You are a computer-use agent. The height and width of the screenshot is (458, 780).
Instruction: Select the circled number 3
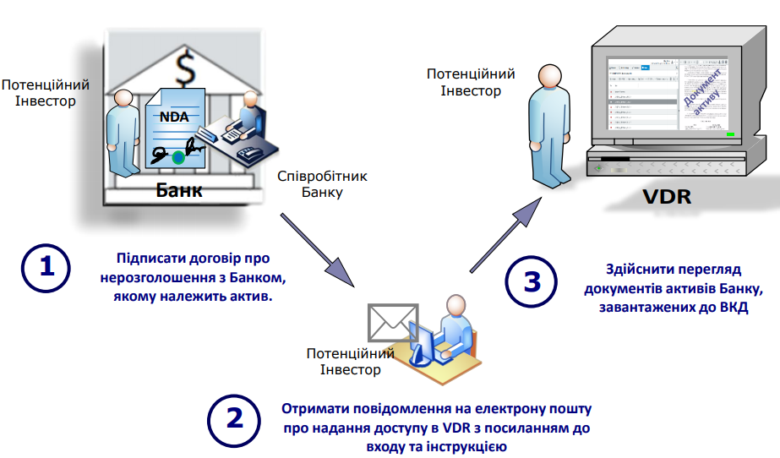(532, 281)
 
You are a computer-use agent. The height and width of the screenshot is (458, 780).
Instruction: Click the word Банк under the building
(179, 189)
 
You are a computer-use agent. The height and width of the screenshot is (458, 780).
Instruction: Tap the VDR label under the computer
(666, 198)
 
